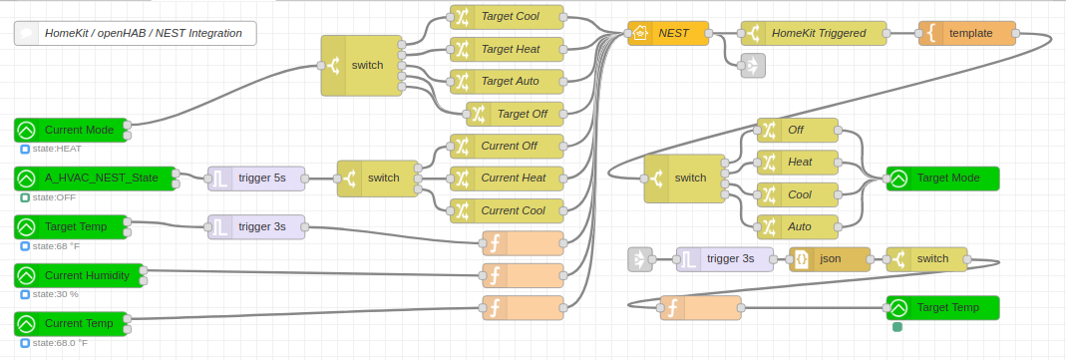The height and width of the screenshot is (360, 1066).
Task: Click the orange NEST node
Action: click(669, 33)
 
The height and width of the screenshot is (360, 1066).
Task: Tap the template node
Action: click(966, 33)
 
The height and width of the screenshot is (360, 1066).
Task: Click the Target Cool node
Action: click(508, 17)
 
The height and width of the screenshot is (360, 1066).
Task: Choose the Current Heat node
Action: click(508, 179)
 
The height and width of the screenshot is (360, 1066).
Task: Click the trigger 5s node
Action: click(254, 179)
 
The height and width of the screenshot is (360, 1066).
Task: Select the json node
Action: click(830, 259)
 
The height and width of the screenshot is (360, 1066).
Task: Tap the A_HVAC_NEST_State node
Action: click(95, 179)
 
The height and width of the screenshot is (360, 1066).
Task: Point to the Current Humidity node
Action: click(80, 275)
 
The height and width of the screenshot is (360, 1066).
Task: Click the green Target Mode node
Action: click(942, 179)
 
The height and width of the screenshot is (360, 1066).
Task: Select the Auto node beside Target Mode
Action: click(799, 226)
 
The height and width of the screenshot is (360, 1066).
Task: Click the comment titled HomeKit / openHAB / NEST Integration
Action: click(136, 33)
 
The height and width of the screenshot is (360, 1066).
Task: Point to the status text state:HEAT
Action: click(56, 149)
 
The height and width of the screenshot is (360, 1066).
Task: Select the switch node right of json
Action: click(926, 259)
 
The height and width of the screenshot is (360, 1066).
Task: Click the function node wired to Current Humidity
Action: click(523, 275)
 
